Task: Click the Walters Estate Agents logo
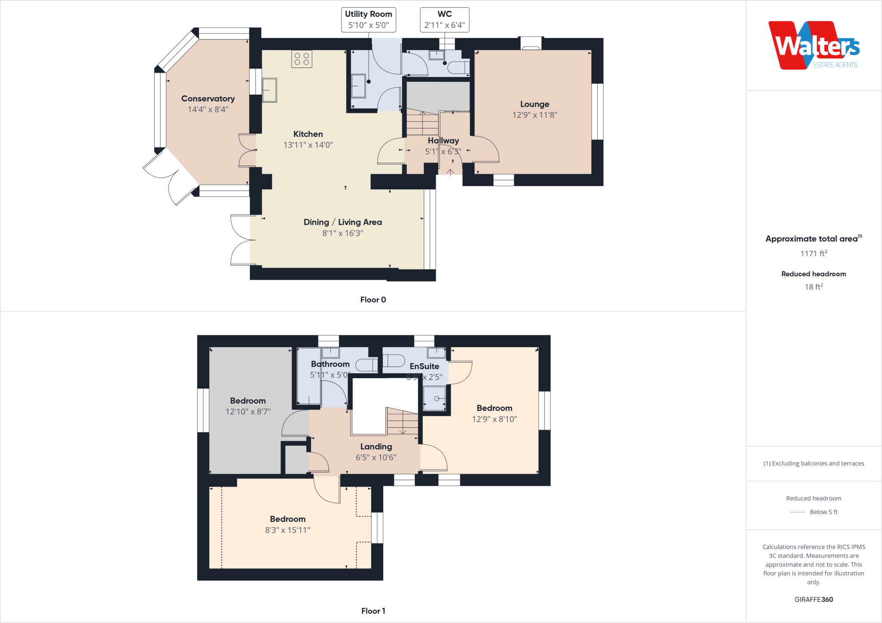(x=814, y=46)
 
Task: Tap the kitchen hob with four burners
(x=301, y=59)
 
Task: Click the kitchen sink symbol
(x=270, y=90)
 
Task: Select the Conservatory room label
(x=208, y=99)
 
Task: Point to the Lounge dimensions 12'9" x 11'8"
(x=534, y=115)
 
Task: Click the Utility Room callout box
(x=368, y=20)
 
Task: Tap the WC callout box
(x=444, y=20)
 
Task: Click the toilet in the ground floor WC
(x=458, y=68)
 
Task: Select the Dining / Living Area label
(x=342, y=222)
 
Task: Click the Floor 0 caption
(x=373, y=300)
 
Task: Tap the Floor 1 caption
(x=373, y=611)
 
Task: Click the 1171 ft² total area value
(x=814, y=253)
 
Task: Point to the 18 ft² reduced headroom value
(x=814, y=287)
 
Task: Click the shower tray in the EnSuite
(x=434, y=398)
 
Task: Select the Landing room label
(x=376, y=447)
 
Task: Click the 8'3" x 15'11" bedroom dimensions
(x=288, y=530)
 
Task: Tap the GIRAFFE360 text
(x=814, y=599)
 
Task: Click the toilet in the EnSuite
(x=394, y=361)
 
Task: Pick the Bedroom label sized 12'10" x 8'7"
(x=248, y=401)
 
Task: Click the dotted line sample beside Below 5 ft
(x=797, y=512)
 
